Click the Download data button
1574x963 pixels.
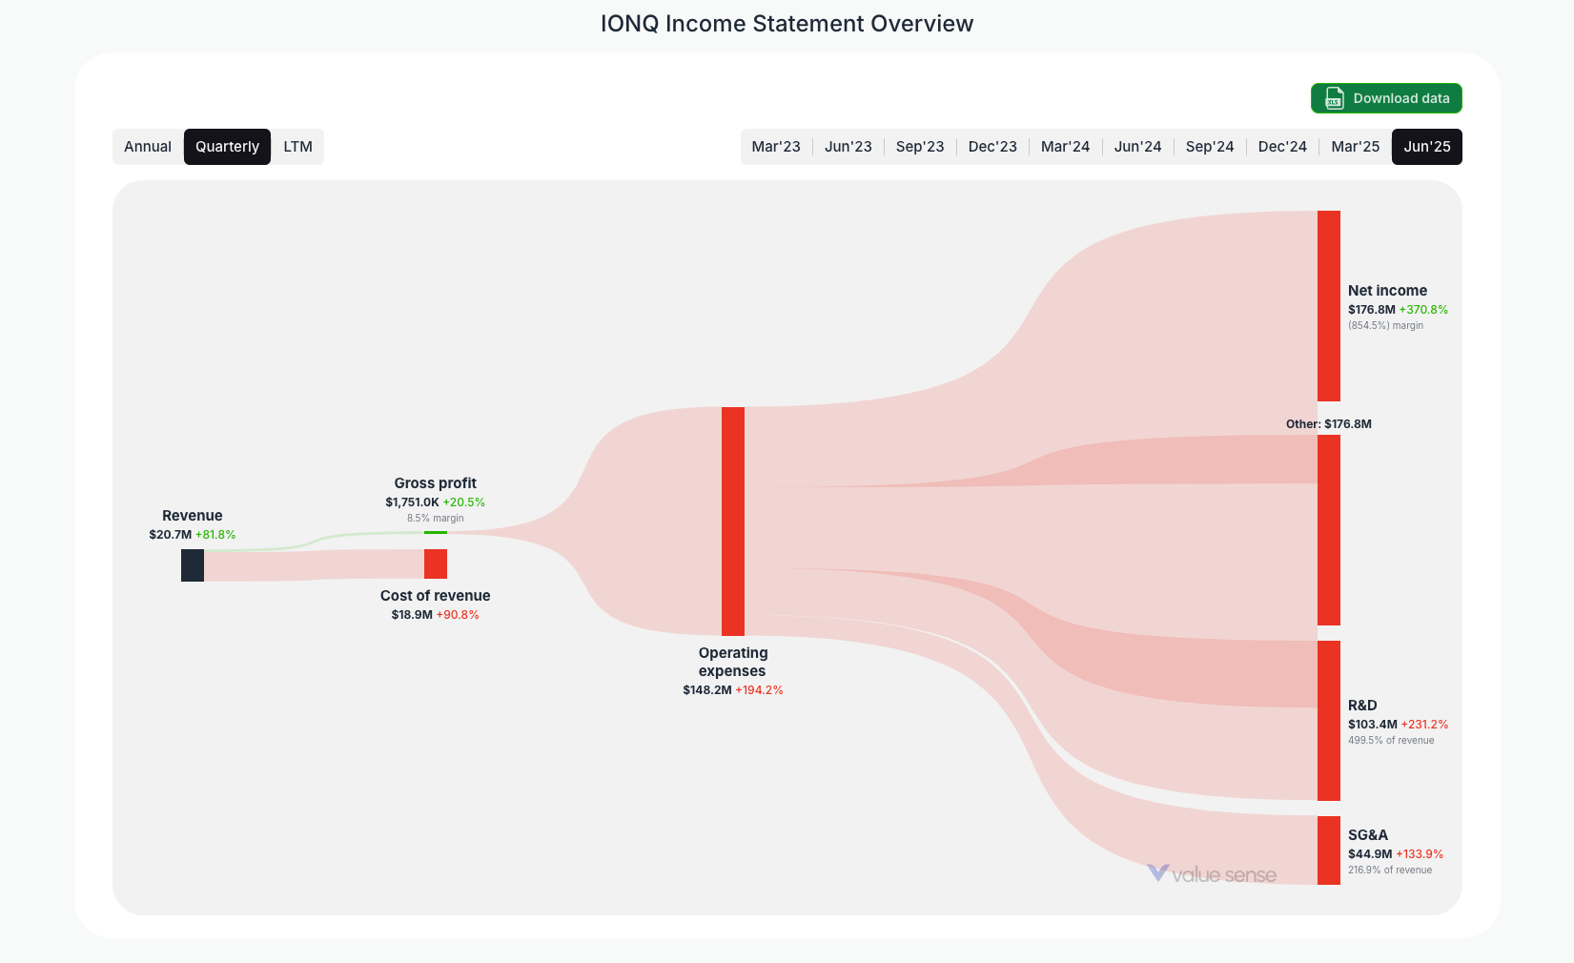[1386, 98]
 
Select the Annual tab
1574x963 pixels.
[148, 147]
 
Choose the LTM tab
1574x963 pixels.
[297, 147]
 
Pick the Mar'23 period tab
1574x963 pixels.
[776, 147]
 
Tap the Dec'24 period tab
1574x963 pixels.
[1282, 147]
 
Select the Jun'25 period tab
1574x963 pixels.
[1426, 147]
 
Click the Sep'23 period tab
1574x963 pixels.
[920, 147]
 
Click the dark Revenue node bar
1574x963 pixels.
[193, 565]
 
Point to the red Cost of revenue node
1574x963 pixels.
[436, 563]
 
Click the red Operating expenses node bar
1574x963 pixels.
[733, 521]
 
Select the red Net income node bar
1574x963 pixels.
[1329, 305]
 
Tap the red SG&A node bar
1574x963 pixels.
[1329, 850]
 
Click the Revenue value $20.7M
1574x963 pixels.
[171, 535]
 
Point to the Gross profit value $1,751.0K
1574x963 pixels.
[412, 502]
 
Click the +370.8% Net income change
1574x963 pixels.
[1423, 310]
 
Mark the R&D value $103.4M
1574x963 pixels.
[1372, 725]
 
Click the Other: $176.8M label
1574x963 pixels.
[1328, 424]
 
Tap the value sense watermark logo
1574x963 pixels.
[1212, 874]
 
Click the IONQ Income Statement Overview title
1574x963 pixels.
[787, 24]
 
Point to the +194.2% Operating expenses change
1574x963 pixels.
[759, 690]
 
